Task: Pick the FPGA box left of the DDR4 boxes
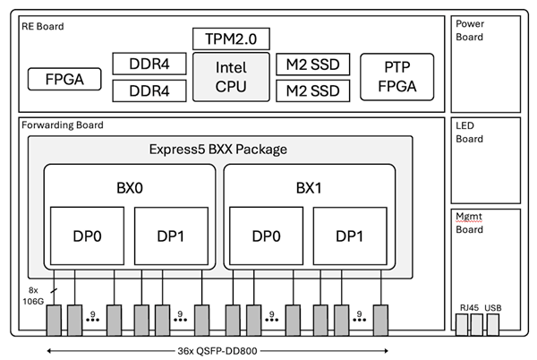[63, 79]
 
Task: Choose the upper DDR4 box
[149, 64]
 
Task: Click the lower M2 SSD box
[312, 90]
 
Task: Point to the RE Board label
[42, 26]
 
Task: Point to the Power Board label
[470, 30]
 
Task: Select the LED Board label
[470, 133]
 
